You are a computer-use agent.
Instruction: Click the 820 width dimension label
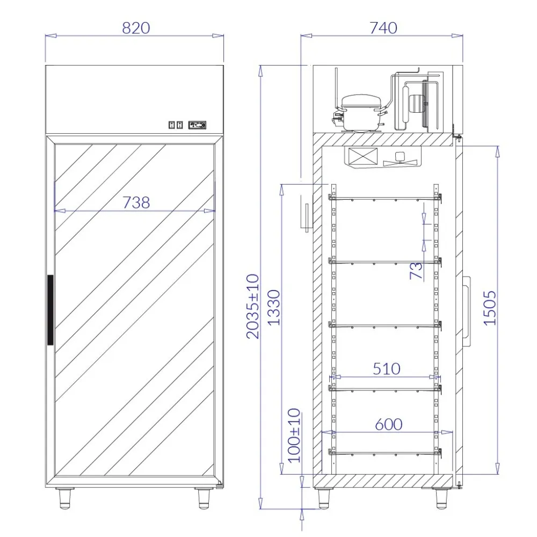click(135, 28)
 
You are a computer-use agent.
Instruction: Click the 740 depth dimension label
click(383, 28)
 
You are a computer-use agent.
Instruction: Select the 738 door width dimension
click(136, 202)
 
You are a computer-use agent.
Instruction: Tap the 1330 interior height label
click(274, 307)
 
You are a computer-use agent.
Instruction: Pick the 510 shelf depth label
click(387, 369)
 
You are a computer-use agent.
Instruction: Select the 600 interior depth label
click(388, 424)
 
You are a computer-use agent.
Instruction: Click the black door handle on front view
click(50, 310)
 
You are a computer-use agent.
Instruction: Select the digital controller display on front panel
click(197, 125)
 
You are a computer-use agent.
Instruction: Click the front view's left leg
click(66, 498)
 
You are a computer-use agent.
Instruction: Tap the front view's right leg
click(204, 498)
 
